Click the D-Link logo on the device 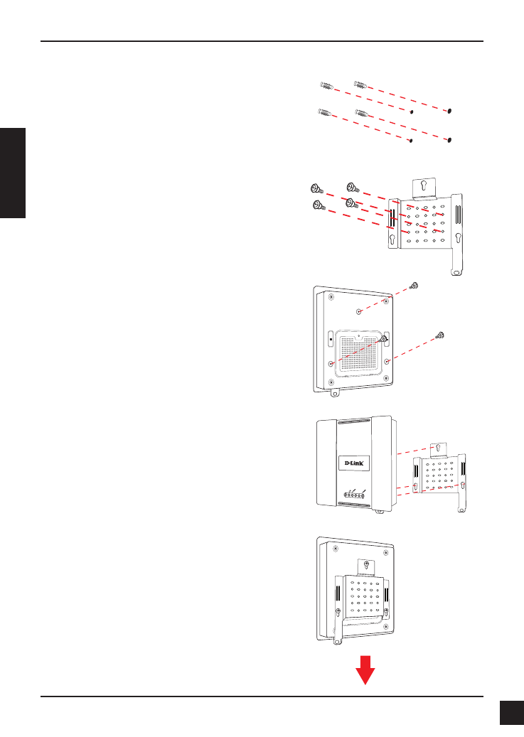355,463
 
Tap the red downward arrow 365,670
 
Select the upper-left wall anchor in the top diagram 326,87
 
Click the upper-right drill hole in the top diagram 451,112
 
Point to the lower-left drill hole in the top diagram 412,140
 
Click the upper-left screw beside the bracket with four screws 316,189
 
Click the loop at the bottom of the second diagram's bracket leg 458,271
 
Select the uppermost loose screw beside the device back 415,286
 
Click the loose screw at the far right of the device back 441,334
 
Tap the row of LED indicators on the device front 354,495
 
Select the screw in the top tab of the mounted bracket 366,565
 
